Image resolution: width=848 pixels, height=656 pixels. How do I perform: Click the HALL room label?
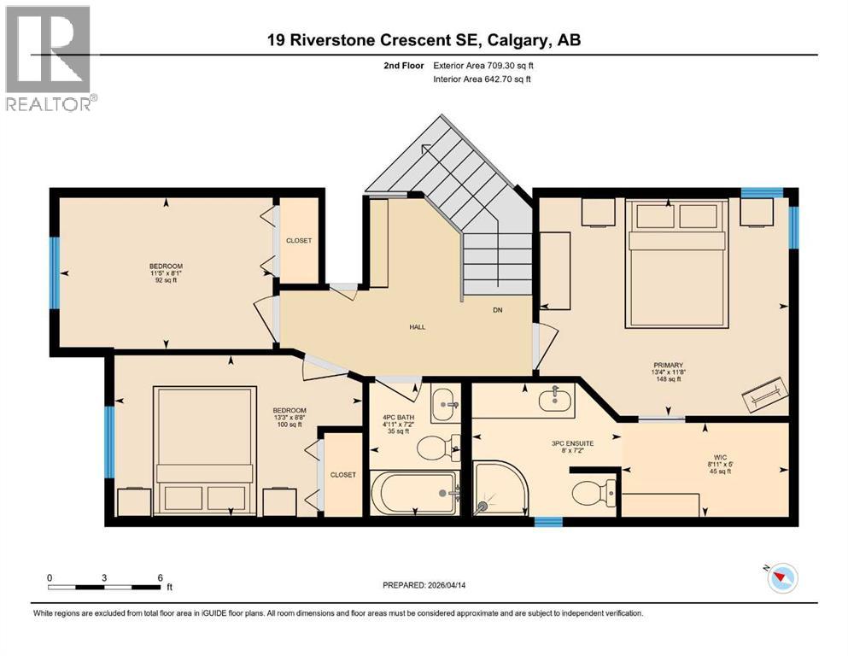click(x=417, y=326)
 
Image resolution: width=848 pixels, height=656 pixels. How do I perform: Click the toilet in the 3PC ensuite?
click(x=594, y=493)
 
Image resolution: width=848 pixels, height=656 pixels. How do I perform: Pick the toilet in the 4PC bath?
click(x=438, y=446)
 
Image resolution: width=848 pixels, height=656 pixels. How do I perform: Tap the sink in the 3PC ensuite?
click(x=556, y=396)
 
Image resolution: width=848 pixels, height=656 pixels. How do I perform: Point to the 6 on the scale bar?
click(x=160, y=577)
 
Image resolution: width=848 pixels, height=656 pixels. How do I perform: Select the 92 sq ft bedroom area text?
click(x=166, y=281)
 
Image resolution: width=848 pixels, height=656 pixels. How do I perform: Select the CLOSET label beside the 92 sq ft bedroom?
click(x=298, y=241)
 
